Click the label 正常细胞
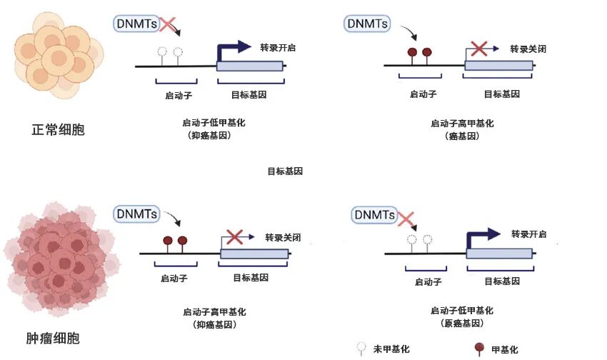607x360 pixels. point(58,130)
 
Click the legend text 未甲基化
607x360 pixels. point(391,349)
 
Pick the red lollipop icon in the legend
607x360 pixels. point(479,349)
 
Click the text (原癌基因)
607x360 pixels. point(461,323)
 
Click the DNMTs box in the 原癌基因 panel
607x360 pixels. point(375,214)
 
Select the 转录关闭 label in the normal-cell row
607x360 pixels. point(528,49)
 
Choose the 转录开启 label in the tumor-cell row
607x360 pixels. point(529,234)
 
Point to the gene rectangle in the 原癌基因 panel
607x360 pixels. point(499,253)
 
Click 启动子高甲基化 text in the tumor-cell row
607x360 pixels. point(214,311)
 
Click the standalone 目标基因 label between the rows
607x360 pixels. point(285,171)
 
